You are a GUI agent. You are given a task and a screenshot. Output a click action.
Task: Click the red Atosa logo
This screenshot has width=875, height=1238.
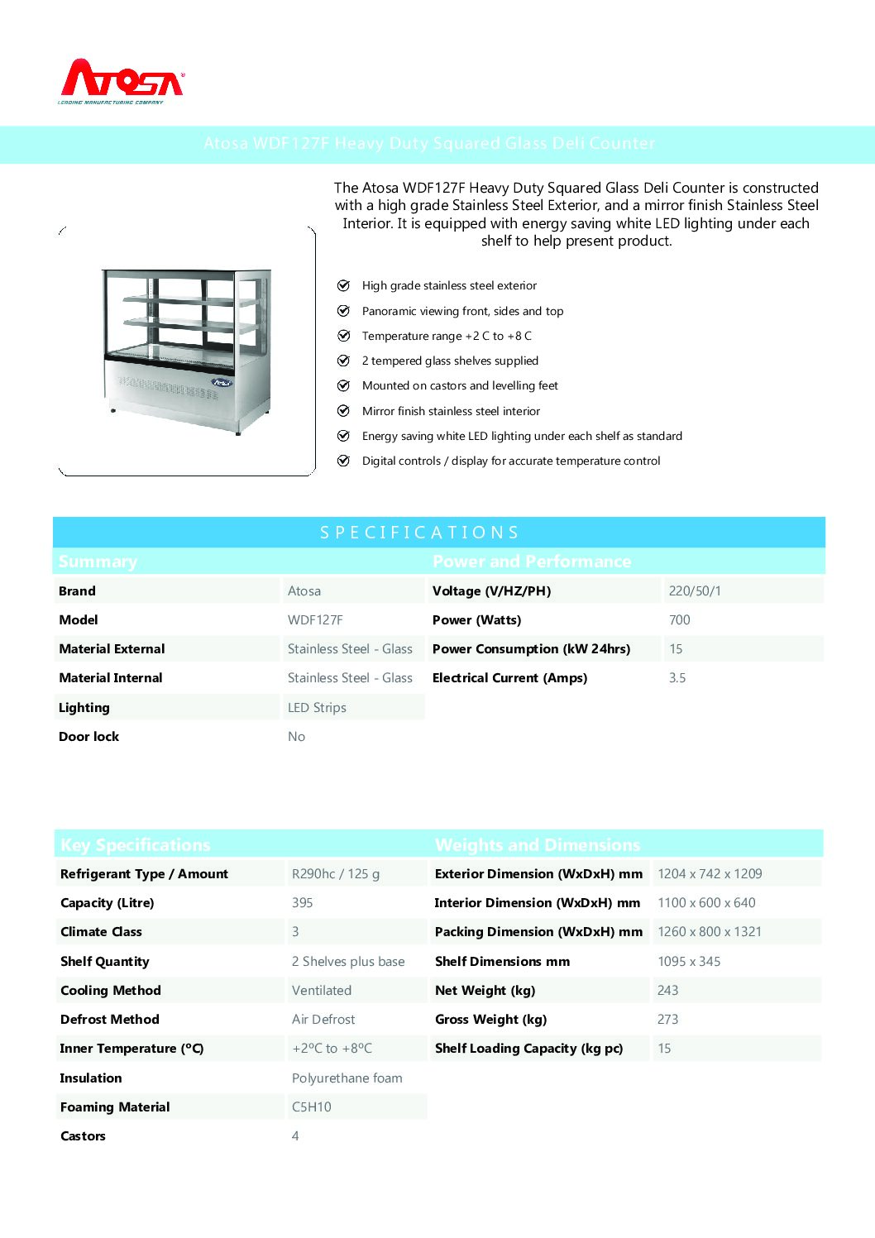coord(122,80)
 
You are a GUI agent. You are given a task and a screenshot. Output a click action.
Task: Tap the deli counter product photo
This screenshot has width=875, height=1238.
coord(187,350)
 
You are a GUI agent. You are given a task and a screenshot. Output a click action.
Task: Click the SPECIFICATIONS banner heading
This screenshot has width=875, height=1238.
coord(420,533)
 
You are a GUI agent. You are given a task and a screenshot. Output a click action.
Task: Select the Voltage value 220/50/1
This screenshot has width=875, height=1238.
coord(695,591)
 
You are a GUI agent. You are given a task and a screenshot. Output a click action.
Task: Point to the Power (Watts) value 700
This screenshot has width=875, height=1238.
coord(679,620)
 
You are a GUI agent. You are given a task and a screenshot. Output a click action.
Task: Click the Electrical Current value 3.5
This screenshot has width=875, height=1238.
coord(677,678)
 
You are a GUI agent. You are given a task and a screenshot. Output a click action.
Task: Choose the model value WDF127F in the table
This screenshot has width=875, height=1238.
coord(315,620)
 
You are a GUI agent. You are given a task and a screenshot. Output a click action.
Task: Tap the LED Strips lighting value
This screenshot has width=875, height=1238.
coord(317,708)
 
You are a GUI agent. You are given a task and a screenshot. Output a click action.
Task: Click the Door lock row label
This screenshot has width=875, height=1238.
coord(88,737)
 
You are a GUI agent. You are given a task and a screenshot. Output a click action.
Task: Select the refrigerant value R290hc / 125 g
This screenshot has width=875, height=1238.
coord(336,874)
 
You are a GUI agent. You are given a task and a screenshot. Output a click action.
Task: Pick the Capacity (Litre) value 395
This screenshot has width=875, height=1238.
coord(302,903)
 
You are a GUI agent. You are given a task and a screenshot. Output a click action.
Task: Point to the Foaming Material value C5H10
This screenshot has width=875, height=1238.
coord(311,1107)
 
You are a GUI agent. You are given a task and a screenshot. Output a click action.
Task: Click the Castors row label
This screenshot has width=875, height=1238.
coord(83,1136)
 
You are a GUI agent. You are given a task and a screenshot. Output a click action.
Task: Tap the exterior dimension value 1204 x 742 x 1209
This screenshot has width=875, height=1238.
coord(710,874)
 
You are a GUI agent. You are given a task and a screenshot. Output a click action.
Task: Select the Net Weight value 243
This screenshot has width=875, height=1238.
coord(667,991)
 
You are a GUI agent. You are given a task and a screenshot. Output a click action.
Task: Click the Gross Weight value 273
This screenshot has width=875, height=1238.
coord(667,1020)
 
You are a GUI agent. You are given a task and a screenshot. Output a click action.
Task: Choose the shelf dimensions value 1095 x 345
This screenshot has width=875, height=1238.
coord(689,962)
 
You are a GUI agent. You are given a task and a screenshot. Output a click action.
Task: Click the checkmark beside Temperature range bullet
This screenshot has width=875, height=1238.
coord(343,336)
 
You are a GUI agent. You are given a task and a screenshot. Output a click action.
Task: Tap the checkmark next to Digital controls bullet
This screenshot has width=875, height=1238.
coord(343,461)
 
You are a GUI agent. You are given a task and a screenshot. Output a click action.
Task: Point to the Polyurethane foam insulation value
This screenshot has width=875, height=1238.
coord(347,1078)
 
